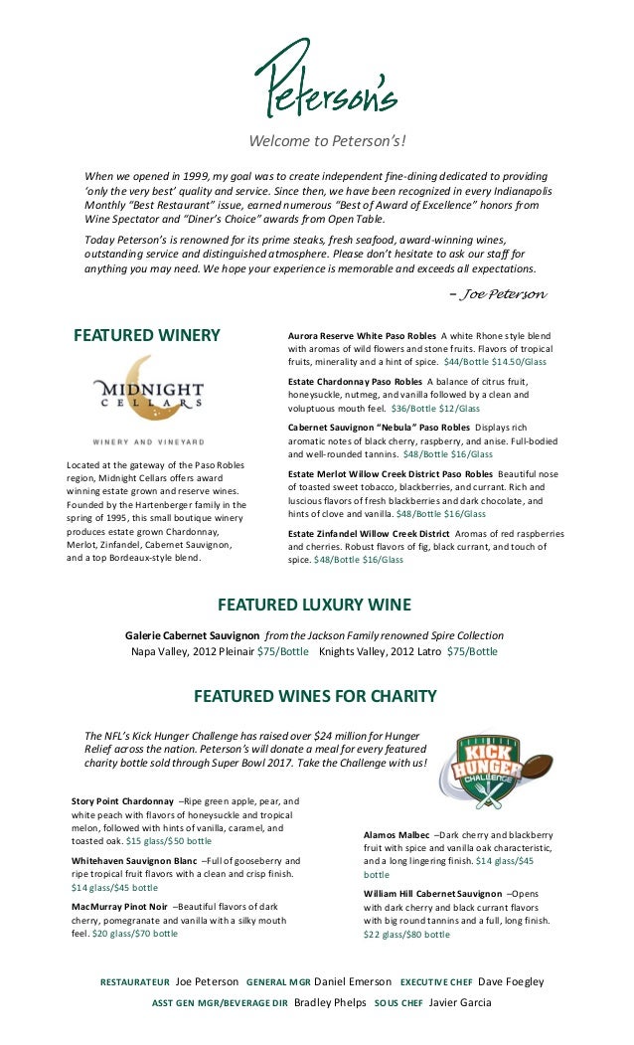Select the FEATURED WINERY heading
(x=147, y=335)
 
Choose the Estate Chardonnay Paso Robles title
(x=355, y=381)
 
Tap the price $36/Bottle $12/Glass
(x=435, y=409)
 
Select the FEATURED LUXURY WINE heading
(x=314, y=605)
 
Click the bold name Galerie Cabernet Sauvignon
(x=193, y=635)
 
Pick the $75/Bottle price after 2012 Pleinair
(x=282, y=651)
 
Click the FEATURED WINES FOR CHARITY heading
(x=315, y=694)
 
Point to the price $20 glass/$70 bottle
(x=135, y=934)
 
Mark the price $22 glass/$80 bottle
(x=406, y=935)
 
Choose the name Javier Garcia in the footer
(x=460, y=1003)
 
